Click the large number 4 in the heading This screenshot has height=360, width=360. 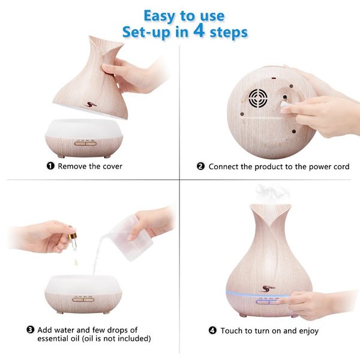[x=199, y=31]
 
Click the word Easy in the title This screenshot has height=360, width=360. [x=160, y=16]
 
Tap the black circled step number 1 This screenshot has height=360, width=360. [x=50, y=166]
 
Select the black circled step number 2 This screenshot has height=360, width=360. [x=200, y=166]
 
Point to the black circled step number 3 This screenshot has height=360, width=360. [x=31, y=330]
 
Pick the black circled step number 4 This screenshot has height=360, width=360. [x=212, y=331]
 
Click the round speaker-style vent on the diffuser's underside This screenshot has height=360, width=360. [x=258, y=98]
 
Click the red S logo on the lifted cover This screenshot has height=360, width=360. [x=91, y=105]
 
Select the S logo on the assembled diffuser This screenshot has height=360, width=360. [x=268, y=289]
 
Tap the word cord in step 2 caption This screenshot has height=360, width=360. [x=341, y=166]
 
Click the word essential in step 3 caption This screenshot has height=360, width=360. [x=52, y=338]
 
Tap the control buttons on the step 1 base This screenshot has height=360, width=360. [x=85, y=144]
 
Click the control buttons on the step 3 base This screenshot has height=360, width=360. [x=83, y=299]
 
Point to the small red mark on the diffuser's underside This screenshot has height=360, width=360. [x=274, y=79]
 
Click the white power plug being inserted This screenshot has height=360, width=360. [x=284, y=104]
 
